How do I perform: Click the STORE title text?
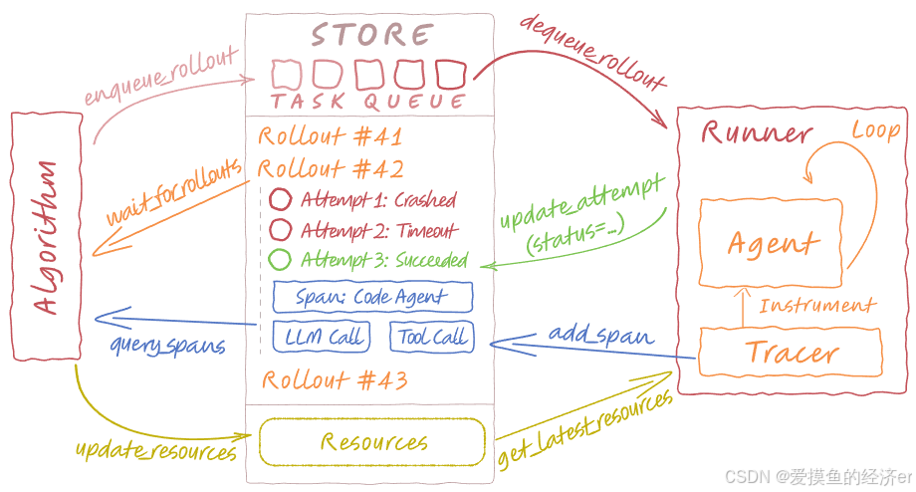(x=370, y=36)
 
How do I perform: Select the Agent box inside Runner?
(x=772, y=243)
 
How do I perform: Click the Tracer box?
(x=793, y=353)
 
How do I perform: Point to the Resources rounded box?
(x=372, y=442)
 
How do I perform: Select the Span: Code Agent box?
(x=371, y=297)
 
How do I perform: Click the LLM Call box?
(x=323, y=337)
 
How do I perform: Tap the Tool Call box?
(x=431, y=337)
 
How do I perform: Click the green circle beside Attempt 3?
(x=281, y=261)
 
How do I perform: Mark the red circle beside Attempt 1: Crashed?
(x=281, y=199)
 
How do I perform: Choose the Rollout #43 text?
(x=334, y=379)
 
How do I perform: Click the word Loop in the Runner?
(x=875, y=130)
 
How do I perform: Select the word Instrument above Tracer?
(x=816, y=306)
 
